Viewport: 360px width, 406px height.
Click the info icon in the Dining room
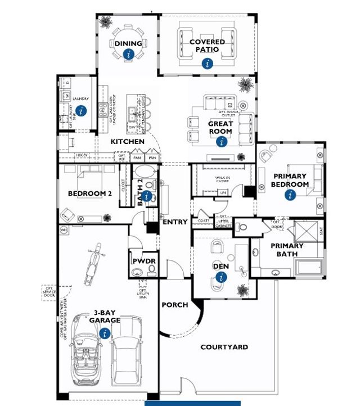click(x=129, y=54)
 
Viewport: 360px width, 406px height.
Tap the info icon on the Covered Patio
click(x=208, y=64)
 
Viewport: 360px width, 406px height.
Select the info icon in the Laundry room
click(x=82, y=111)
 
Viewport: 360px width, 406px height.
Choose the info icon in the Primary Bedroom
click(x=290, y=195)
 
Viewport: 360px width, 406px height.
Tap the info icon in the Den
click(x=221, y=277)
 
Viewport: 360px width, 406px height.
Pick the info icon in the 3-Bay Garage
click(x=104, y=333)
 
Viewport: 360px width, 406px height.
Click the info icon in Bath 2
click(x=147, y=196)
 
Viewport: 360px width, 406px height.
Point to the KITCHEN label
click(x=127, y=142)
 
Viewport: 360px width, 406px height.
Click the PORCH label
click(x=175, y=305)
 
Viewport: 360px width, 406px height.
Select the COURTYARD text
click(x=224, y=347)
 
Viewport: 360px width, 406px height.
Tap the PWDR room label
click(x=143, y=261)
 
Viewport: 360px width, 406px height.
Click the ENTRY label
click(x=175, y=222)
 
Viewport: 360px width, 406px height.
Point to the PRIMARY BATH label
click(x=287, y=250)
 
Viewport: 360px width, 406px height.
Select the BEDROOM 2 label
click(x=90, y=194)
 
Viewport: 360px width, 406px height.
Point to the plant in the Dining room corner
click(x=105, y=23)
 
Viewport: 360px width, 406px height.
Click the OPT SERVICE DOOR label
click(x=50, y=293)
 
